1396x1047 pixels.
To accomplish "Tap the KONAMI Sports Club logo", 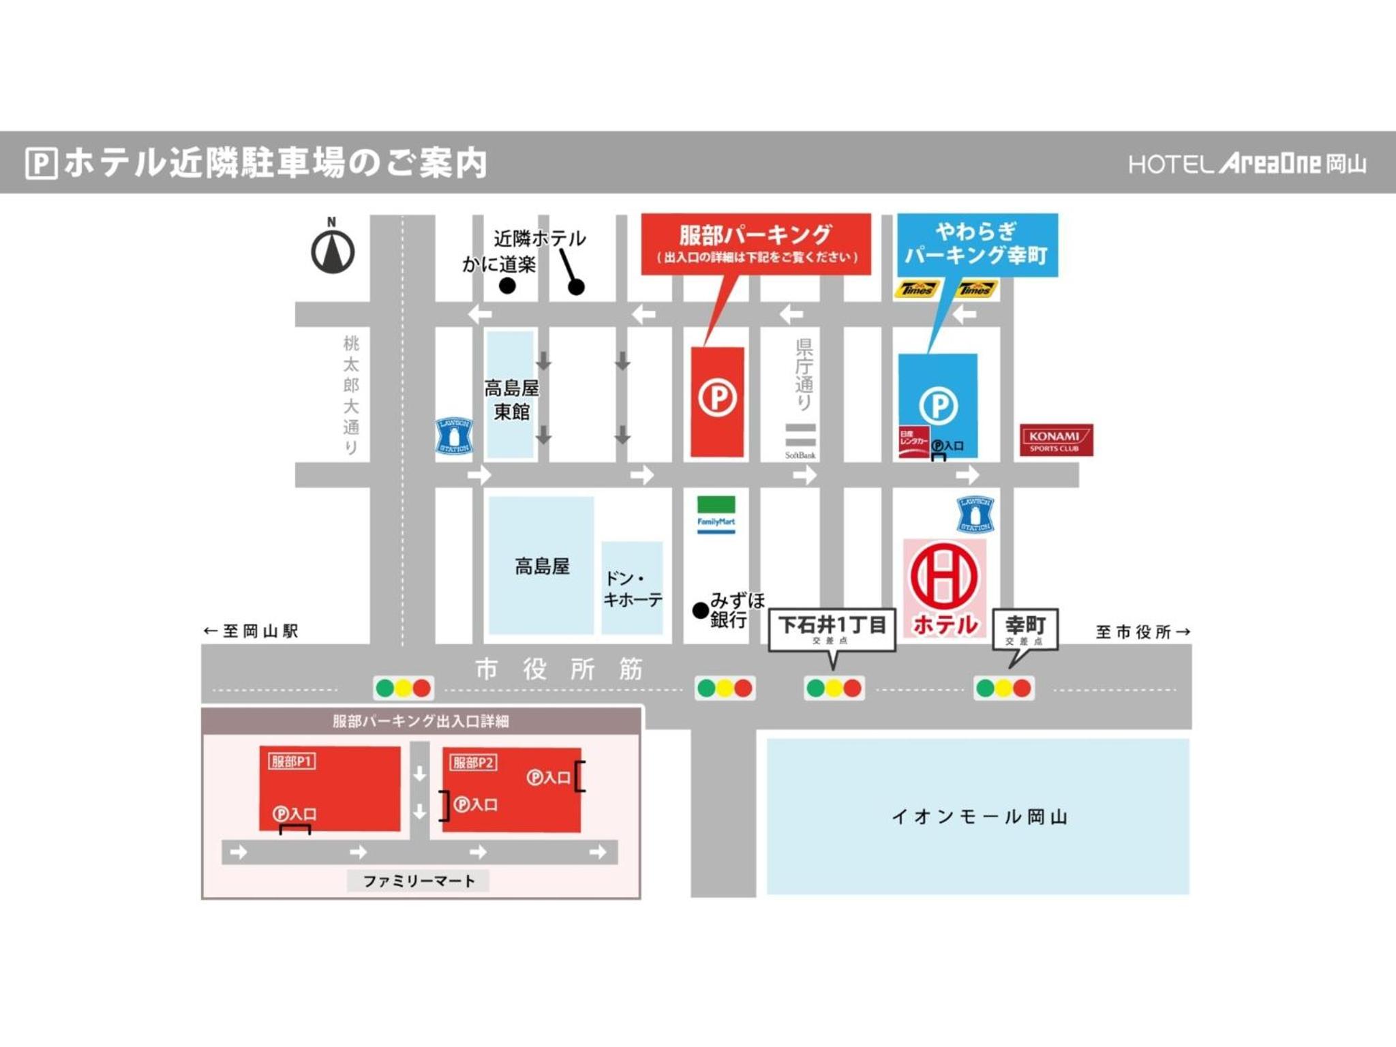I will coord(1056,440).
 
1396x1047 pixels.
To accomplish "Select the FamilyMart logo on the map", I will coord(716,515).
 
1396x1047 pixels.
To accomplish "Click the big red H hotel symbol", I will coord(944,576).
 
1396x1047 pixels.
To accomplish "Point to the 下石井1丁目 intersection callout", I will coord(832,629).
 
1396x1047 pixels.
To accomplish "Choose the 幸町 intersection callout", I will coord(1025,629).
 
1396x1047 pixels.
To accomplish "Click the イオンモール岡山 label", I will coord(980,816).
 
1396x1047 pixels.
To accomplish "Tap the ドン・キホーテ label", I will coord(633,589).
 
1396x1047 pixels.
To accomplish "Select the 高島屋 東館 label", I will coord(511,400).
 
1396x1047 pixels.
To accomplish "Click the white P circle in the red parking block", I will coord(717,397).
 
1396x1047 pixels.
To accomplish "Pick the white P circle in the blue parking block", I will coord(938,406).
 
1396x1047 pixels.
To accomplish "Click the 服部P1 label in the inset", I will coord(292,761).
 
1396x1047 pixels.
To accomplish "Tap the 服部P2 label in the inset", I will coord(473,762).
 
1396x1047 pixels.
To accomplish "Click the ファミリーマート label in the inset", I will coord(419,881).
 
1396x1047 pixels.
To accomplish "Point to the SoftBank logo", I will coord(800,441).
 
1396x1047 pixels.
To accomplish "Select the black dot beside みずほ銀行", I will coord(700,610).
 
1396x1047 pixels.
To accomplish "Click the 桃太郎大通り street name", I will coord(350,395).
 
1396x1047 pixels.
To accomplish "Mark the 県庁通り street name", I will coord(804,374).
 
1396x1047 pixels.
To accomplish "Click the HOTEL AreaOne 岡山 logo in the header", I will coord(1247,164).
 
